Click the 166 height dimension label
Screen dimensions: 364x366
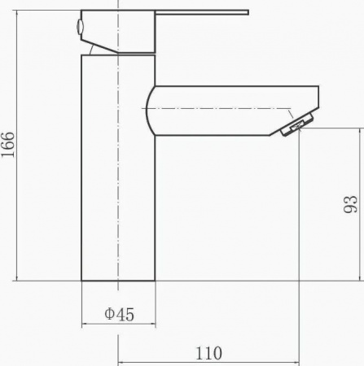click(x=7, y=145)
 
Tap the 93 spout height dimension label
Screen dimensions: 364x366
click(x=351, y=204)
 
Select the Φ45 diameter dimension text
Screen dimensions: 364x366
click(x=119, y=314)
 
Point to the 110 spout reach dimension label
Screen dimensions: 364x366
click(x=208, y=353)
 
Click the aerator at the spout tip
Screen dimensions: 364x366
click(x=298, y=124)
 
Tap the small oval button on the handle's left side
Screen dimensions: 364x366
click(x=80, y=27)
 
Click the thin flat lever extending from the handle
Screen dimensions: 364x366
click(x=202, y=12)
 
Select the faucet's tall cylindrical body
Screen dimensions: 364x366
click(x=118, y=168)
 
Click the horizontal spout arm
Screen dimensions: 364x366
click(x=232, y=111)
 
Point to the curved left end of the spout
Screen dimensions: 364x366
click(x=148, y=111)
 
